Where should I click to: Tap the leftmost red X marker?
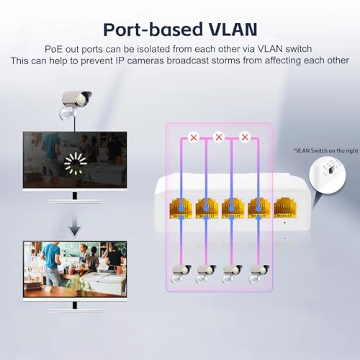[x=192, y=136]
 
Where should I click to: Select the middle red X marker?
[x=219, y=136]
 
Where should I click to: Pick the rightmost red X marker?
[x=245, y=136]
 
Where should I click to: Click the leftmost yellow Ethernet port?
[x=180, y=208]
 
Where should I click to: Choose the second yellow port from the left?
[x=207, y=208]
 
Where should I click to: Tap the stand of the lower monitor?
[x=73, y=305]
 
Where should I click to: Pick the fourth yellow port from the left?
[x=258, y=208]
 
